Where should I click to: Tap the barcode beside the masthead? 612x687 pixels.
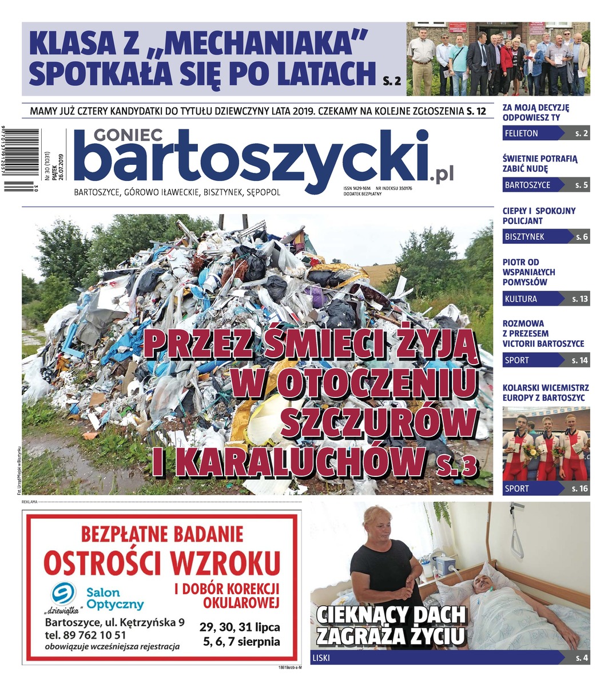(21, 159)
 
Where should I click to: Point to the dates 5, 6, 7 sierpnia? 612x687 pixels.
(241, 641)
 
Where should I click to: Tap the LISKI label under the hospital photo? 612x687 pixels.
(321, 658)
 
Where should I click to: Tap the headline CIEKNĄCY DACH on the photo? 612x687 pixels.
(391, 614)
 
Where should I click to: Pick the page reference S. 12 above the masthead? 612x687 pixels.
(476, 110)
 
